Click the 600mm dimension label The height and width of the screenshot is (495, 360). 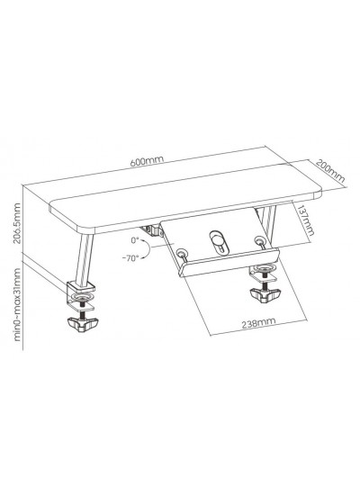tap(147, 161)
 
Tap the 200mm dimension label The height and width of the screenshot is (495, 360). tap(330, 171)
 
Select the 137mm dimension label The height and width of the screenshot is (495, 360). tap(306, 220)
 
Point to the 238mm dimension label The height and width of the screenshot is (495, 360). tap(258, 322)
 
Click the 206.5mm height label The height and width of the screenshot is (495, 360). tap(17, 223)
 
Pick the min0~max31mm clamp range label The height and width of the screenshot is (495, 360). tap(17, 304)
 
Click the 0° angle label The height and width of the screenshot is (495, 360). tap(135, 240)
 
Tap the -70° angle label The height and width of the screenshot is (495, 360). tap(130, 258)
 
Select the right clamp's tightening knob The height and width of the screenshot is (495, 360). tap(265, 294)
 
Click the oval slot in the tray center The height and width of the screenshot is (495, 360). tap(217, 241)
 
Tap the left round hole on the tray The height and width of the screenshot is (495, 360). tap(181, 253)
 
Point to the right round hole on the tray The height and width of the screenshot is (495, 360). tap(259, 240)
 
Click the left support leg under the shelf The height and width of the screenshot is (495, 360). tap(84, 260)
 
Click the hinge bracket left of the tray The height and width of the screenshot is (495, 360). tap(152, 230)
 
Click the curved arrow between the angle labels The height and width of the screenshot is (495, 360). tap(148, 249)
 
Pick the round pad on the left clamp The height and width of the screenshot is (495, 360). tap(82, 298)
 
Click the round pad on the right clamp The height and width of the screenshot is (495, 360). tap(263, 269)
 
